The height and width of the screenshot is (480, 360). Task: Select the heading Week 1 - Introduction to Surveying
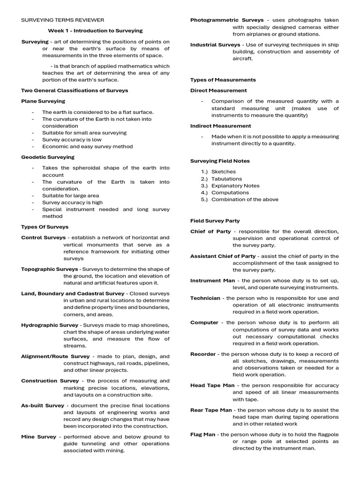pyautogui.click(x=96, y=30)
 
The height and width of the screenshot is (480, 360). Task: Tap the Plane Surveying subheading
pyautogui.click(x=43, y=101)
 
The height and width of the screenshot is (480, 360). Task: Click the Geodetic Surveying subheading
pyautogui.click(x=47, y=157)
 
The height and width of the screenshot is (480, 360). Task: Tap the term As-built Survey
pyautogui.click(x=43, y=405)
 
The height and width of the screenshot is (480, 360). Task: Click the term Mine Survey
pyautogui.click(x=38, y=436)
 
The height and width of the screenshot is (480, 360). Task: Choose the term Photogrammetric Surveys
pyautogui.click(x=226, y=20)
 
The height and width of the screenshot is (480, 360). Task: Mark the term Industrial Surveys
pyautogui.click(x=215, y=45)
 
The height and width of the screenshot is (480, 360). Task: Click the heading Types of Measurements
pyautogui.click(x=223, y=80)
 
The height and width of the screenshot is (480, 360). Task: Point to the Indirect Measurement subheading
pyautogui.click(x=220, y=126)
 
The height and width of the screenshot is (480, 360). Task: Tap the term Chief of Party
pyautogui.click(x=210, y=232)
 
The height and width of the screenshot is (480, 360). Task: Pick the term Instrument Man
pyautogui.click(x=212, y=280)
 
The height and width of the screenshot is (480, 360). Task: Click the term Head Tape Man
pyautogui.click(x=212, y=385)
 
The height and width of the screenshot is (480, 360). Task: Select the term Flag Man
pyautogui.click(x=202, y=435)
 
